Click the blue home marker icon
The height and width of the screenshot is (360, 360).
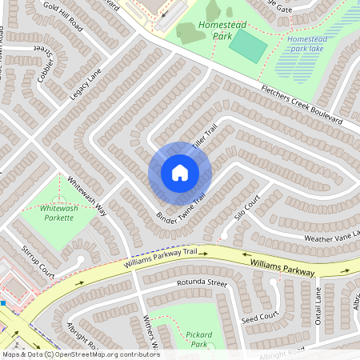[x=179, y=172]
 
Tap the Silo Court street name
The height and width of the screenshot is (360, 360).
[x=248, y=207]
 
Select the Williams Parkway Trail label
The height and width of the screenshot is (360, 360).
[x=159, y=257]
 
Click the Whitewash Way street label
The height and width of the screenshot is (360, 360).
[x=87, y=196]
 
